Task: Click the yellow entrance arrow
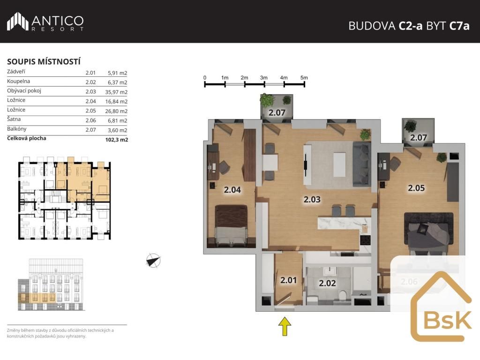285,326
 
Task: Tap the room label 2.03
312,200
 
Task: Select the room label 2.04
232,190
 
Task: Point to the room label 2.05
416,188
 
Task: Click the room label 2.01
289,280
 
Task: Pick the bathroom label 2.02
327,283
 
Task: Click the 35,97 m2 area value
116,92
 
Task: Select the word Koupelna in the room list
18,81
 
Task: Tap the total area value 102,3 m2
117,140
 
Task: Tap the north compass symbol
153,261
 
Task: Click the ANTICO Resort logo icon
18,22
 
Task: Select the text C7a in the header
459,26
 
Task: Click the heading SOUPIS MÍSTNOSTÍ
44,61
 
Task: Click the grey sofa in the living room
362,164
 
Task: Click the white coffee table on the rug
339,165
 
